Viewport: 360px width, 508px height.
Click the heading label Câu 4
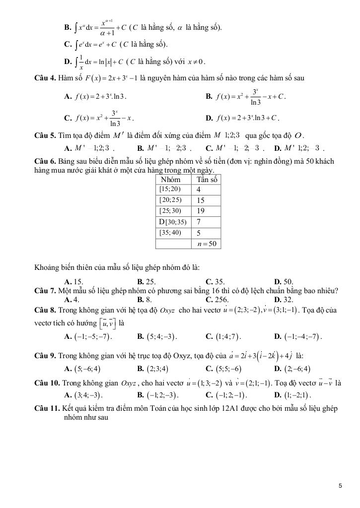[x=45, y=78]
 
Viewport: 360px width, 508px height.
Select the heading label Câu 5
[x=45, y=135]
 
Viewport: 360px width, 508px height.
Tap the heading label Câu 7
[x=45, y=291]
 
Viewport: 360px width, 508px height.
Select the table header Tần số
[x=207, y=179]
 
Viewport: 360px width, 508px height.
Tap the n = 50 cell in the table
[x=207, y=244]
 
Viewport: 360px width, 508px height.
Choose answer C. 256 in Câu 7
[x=216, y=300]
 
